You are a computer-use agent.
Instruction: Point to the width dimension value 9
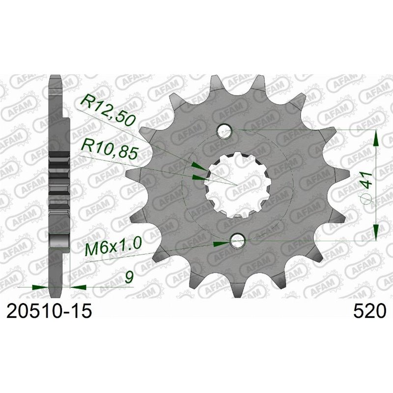[x=129, y=278]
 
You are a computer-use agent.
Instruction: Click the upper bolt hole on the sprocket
[x=225, y=130]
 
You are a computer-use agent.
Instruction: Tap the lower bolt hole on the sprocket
[x=237, y=240]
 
